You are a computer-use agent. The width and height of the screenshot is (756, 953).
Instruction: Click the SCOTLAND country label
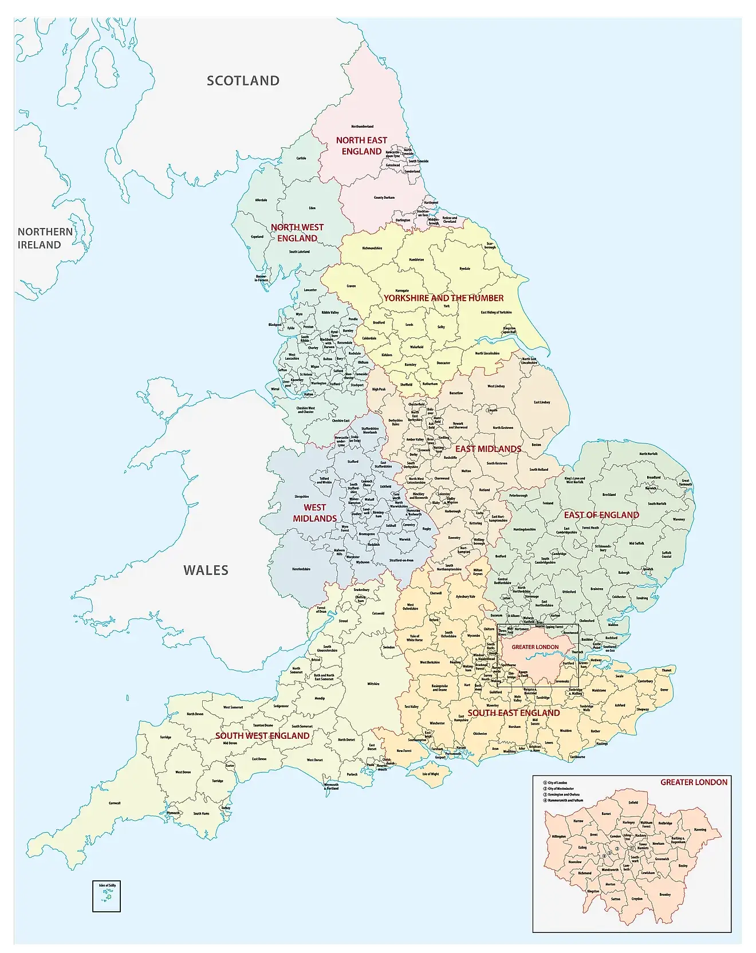click(243, 81)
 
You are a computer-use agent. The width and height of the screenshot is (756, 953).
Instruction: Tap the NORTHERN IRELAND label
click(45, 238)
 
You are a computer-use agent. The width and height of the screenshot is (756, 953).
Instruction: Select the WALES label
click(206, 570)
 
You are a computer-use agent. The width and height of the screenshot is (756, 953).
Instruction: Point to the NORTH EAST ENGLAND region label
click(361, 145)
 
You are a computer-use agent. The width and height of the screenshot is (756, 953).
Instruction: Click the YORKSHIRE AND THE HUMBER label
click(443, 298)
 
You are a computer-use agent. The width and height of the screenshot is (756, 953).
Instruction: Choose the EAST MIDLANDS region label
click(488, 449)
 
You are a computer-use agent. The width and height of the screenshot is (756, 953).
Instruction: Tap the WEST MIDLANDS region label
click(314, 513)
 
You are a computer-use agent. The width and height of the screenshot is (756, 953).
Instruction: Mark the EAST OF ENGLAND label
click(601, 515)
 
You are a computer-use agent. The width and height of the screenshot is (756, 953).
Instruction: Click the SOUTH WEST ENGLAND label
click(262, 735)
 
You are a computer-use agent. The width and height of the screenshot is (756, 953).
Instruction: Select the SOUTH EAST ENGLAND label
click(514, 713)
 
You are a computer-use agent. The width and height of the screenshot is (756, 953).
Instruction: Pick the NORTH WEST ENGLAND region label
click(297, 233)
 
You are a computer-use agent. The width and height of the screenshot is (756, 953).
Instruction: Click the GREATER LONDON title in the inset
click(694, 782)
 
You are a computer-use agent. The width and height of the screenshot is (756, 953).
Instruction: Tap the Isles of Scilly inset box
click(107, 896)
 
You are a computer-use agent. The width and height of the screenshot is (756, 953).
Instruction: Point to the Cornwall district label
click(115, 803)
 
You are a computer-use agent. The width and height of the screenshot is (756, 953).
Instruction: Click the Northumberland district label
click(362, 127)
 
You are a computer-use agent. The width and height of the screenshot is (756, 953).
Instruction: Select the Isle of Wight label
click(430, 774)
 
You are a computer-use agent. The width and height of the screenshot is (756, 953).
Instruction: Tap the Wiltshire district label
click(373, 684)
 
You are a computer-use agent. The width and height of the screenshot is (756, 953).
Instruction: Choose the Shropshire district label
click(302, 497)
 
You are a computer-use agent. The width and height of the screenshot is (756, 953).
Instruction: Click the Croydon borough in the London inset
click(637, 899)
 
